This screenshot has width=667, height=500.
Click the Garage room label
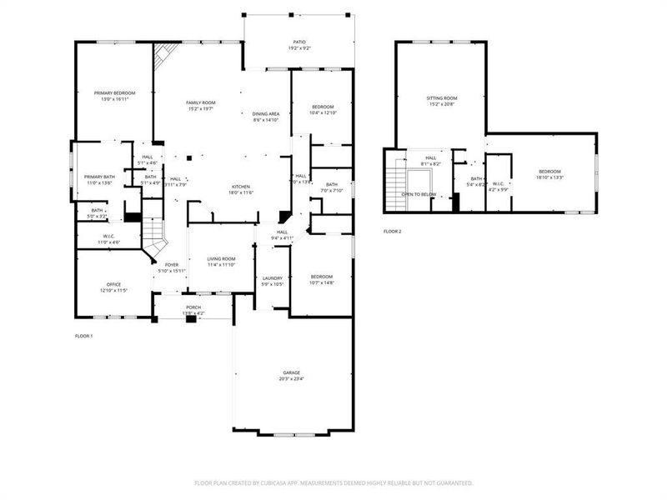point(291,372)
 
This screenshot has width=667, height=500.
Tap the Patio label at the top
point(298,42)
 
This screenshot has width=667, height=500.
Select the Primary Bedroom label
point(114,93)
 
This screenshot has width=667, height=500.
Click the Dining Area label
point(265,114)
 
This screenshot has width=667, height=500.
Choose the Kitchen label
point(241,187)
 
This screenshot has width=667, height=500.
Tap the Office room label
point(113,285)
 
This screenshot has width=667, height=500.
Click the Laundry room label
point(273,278)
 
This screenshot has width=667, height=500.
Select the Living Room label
point(222,259)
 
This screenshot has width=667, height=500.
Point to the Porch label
point(193,307)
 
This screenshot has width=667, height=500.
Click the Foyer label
point(171,265)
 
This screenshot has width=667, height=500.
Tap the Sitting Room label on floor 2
point(442,98)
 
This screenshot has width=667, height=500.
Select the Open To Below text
point(419,194)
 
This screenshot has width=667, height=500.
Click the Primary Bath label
point(99,177)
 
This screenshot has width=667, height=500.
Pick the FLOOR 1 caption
point(84,336)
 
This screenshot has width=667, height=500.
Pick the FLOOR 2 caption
point(392,231)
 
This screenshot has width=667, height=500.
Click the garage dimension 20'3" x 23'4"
point(291,378)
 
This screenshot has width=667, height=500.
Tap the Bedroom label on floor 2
point(549,172)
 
